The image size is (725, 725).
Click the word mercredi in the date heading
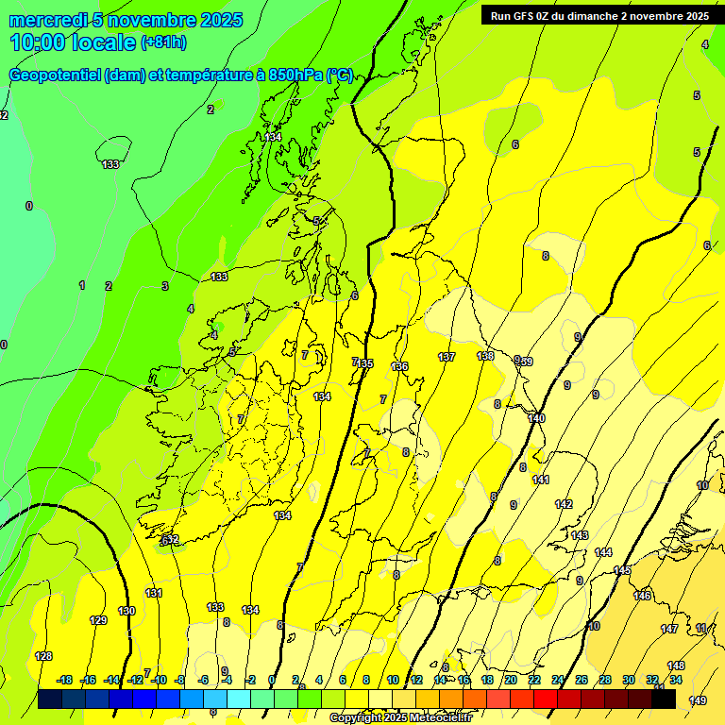48,20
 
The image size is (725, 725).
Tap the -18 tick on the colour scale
64,680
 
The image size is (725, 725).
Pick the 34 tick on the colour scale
676,680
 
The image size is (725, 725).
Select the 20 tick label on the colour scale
510,680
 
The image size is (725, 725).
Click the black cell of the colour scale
664,700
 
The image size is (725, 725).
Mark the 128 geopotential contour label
43,656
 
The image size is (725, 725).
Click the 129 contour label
98,620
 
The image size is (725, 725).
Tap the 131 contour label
153,593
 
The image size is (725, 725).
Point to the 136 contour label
399,366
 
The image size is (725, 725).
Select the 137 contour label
447,357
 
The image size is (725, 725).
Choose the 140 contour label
537,418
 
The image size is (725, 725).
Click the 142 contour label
564,504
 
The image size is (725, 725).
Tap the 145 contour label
622,570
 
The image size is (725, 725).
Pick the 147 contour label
669,629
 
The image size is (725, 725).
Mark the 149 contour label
698,700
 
